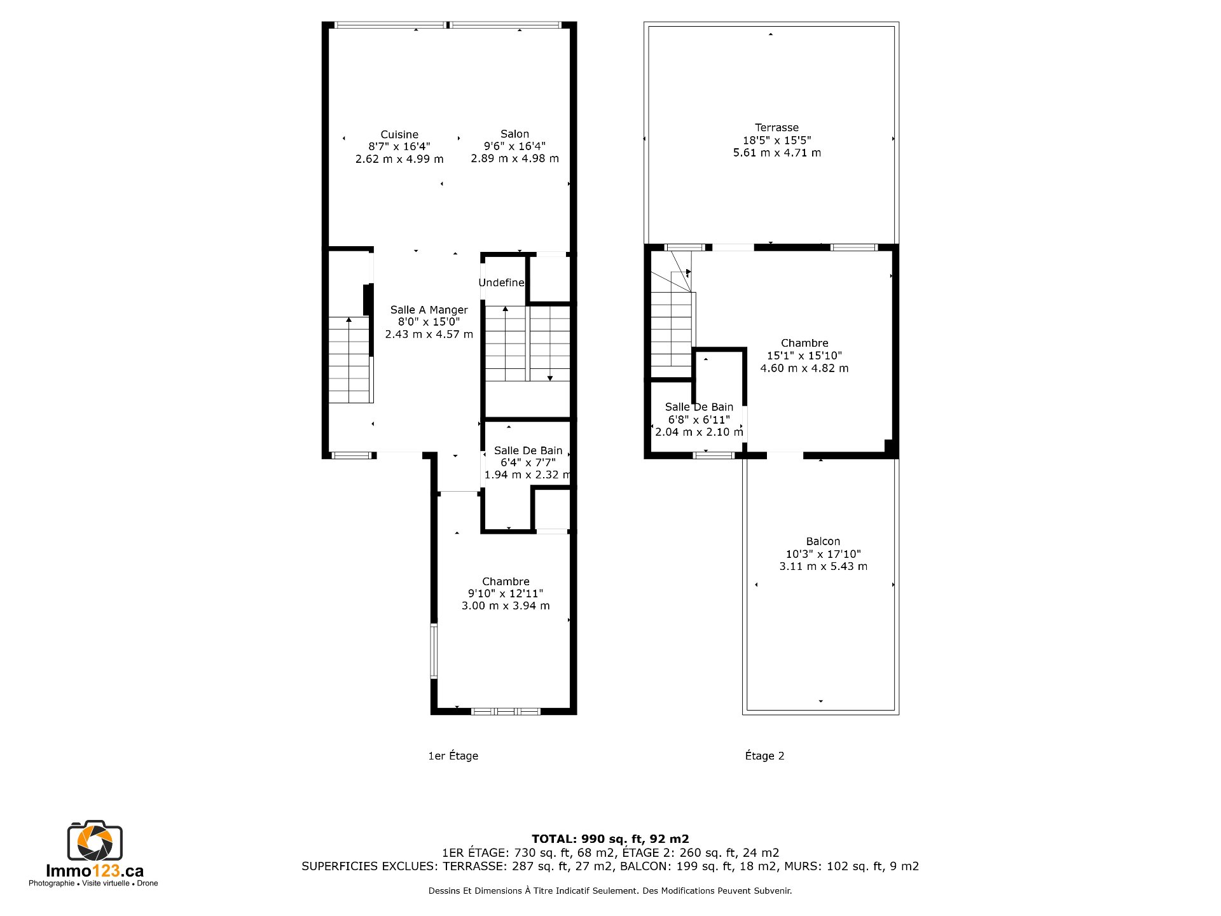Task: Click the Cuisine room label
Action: click(399, 134)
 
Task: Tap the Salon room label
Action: click(514, 134)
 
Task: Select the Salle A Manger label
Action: click(429, 310)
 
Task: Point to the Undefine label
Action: click(502, 282)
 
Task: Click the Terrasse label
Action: click(776, 128)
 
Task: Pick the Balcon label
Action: click(823, 541)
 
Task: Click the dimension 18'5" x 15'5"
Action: click(776, 140)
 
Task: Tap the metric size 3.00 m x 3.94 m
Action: click(506, 606)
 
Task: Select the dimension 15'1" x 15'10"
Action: click(804, 356)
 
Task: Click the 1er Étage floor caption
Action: click(453, 756)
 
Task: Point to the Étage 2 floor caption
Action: click(764, 756)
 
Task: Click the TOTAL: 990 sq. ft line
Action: click(610, 839)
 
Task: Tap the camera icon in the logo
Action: click(95, 840)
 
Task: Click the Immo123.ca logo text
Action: click(95, 871)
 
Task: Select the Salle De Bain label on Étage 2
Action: click(699, 407)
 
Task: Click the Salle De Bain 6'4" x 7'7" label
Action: click(528, 450)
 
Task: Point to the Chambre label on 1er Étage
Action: click(506, 581)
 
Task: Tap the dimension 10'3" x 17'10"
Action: click(823, 554)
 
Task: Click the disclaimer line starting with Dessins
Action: click(610, 891)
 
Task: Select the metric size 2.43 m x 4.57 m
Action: click(429, 334)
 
